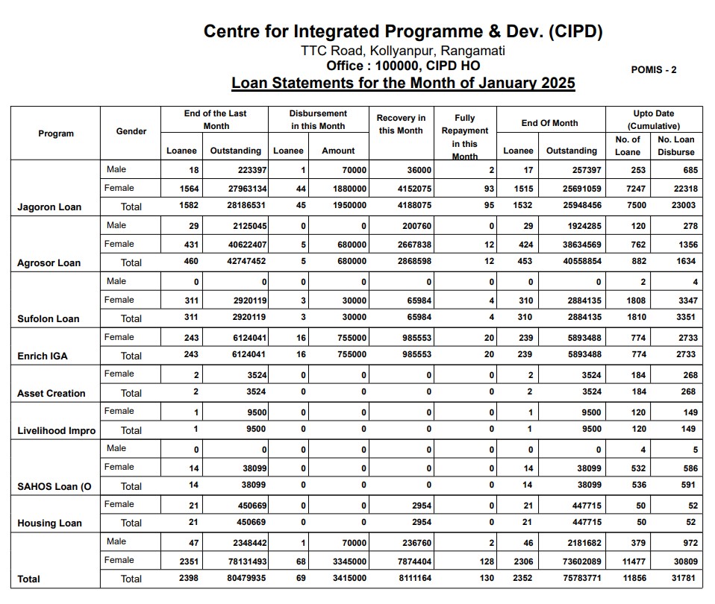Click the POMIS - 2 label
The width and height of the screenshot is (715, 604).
click(x=653, y=69)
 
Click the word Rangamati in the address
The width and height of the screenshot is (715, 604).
click(x=473, y=51)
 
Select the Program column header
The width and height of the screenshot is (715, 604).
click(x=56, y=133)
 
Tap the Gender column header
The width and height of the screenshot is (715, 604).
click(x=131, y=131)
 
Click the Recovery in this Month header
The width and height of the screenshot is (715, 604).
click(x=401, y=125)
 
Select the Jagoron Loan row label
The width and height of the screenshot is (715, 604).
click(x=49, y=207)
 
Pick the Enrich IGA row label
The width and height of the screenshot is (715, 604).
click(x=43, y=356)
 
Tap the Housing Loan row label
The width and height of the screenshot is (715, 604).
click(x=49, y=523)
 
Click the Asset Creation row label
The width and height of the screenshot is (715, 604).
click(x=51, y=393)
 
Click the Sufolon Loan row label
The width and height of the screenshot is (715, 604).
click(x=49, y=318)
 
